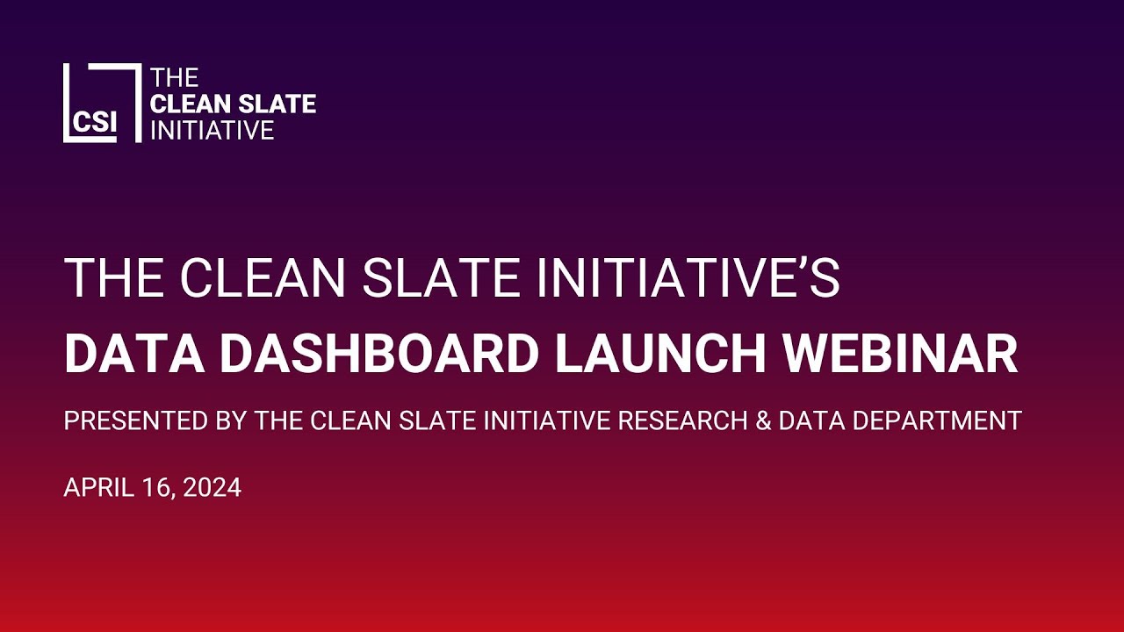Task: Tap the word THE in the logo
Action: point(175,78)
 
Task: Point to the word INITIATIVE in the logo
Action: point(213,130)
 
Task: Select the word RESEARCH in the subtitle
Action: point(674,421)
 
